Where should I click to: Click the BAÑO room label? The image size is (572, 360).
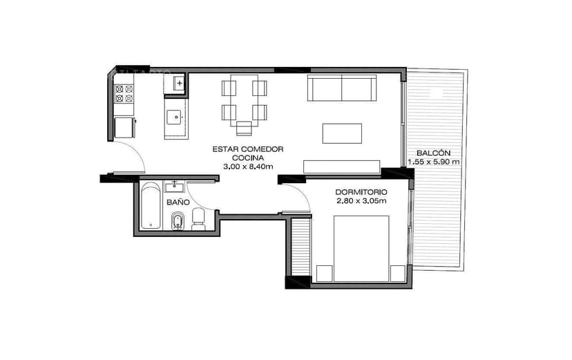(178, 202)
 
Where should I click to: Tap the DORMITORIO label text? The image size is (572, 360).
(361, 191)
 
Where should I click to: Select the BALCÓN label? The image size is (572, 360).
(434, 153)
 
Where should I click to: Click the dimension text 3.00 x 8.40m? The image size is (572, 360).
(248, 167)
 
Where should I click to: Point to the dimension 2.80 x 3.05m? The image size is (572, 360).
(361, 201)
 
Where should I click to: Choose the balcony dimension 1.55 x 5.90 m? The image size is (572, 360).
(434, 162)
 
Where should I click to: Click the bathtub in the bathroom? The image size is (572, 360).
(151, 206)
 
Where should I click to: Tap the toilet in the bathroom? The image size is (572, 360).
(198, 220)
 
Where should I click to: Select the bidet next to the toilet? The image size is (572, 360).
(178, 221)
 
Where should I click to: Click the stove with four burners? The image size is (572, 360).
(124, 93)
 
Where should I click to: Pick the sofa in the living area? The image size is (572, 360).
(342, 88)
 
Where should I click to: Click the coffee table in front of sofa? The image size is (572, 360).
(342, 133)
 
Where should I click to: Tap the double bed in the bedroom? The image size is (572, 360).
(361, 249)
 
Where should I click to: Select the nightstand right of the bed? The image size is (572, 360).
(397, 274)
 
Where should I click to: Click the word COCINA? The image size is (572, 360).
(248, 158)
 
